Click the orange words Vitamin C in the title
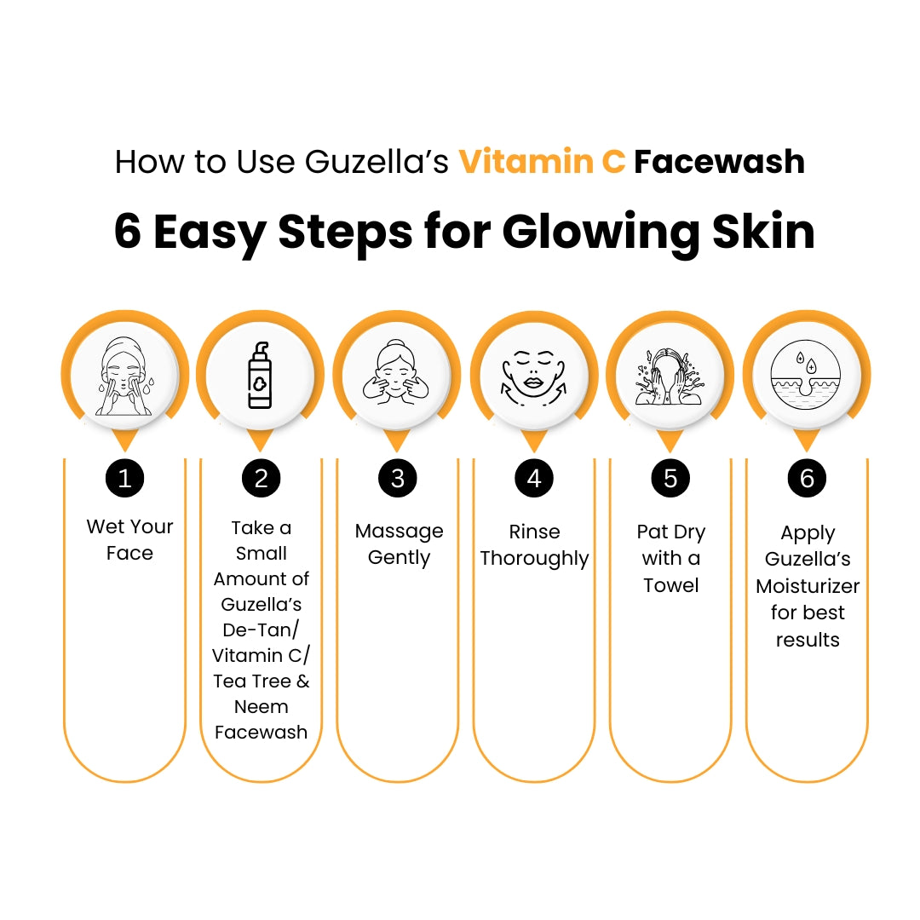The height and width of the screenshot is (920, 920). click(542, 161)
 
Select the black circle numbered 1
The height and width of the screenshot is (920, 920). click(124, 478)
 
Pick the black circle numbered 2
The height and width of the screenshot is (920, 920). click(262, 478)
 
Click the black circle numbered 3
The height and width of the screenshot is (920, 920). click(398, 478)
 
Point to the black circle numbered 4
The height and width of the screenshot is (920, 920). click(534, 478)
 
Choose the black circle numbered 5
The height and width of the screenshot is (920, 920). click(670, 478)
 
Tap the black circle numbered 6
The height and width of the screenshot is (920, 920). click(807, 478)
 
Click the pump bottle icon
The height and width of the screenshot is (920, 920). click(260, 376)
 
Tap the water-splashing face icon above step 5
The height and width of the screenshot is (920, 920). click(670, 377)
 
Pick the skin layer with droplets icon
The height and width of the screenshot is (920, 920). click(806, 374)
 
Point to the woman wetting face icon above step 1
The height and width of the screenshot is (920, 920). click(124, 377)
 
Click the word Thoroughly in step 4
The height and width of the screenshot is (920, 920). click(534, 559)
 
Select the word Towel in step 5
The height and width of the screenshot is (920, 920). click(670, 585)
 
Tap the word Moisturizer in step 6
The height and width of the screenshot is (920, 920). click(808, 585)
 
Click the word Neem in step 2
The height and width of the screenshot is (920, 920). click(262, 706)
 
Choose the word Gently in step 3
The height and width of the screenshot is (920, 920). click(399, 558)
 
